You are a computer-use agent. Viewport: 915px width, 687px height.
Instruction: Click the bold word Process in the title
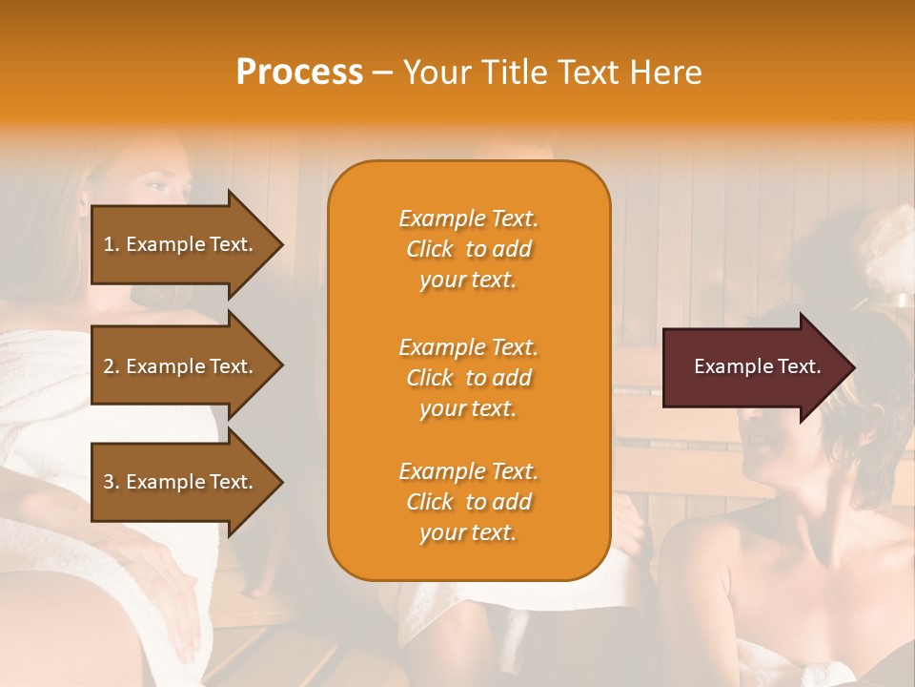(299, 73)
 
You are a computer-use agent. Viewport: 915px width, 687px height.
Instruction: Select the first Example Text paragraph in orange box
(468, 249)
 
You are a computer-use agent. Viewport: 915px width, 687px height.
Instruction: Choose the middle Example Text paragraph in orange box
(468, 378)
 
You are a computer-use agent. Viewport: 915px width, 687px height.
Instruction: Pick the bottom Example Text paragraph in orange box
(468, 502)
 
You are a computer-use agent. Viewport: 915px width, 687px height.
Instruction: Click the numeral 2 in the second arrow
(109, 366)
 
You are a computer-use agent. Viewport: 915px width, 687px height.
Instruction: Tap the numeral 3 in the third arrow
(109, 483)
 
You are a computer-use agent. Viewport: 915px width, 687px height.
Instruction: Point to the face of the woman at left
(158, 191)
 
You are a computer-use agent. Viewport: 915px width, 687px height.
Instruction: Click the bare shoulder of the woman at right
(724, 572)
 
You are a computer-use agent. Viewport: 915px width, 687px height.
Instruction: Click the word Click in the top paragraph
(430, 250)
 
